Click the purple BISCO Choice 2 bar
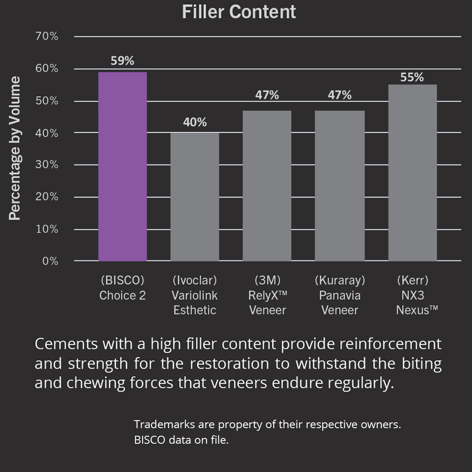[122, 166]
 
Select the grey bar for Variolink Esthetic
[194, 196]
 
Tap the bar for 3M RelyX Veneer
[267, 185]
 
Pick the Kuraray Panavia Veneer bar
[339, 185]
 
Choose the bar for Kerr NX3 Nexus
[412, 173]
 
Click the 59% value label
[122, 61]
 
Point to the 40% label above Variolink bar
[194, 122]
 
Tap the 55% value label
[412, 77]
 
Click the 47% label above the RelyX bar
[267, 95]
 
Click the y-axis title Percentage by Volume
[15, 148]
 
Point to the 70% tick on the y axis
[47, 36]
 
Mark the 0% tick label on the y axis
[50, 261]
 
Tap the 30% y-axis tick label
[47, 165]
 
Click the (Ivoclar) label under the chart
[194, 280]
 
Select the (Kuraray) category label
[339, 280]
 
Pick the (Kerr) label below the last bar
[412, 280]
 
